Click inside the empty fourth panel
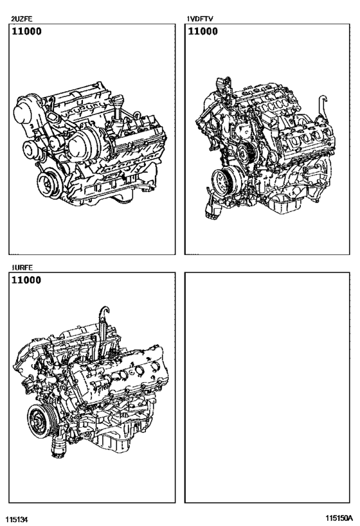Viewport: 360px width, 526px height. click(268, 385)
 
